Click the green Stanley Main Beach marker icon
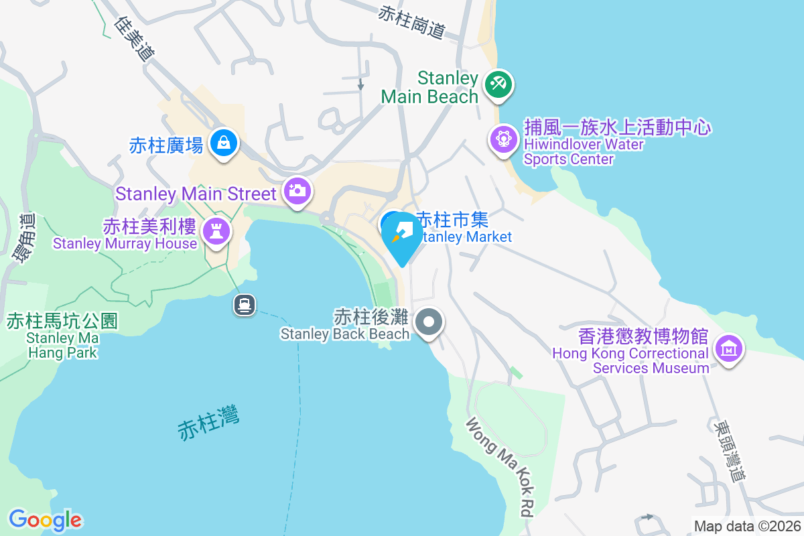(x=498, y=84)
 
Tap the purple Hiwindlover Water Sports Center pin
(x=503, y=139)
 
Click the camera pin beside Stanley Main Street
(x=296, y=190)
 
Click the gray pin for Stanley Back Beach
(x=429, y=322)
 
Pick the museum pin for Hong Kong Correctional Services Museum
(x=729, y=348)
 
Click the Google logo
(x=45, y=520)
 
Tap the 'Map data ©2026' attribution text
(x=746, y=526)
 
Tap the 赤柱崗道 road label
(x=412, y=22)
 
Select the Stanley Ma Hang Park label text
(x=62, y=344)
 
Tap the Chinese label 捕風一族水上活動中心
(x=617, y=127)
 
